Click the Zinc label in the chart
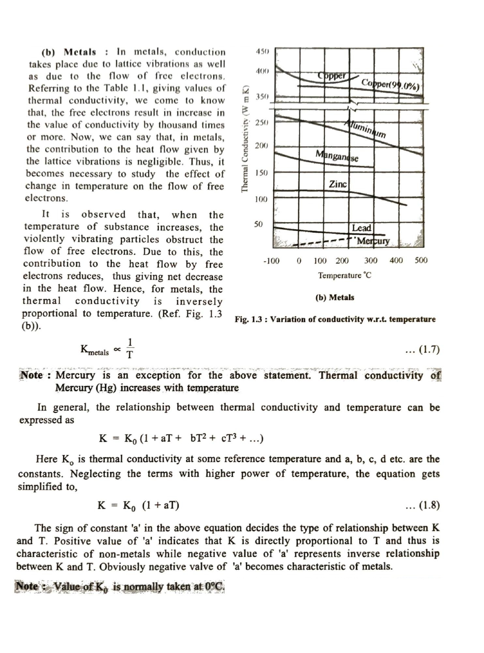338,184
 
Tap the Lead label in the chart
361,228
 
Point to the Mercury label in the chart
373,241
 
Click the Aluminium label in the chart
365,129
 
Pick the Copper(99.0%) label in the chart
390,85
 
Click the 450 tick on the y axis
262,51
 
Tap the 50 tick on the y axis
258,224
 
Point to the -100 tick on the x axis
271,261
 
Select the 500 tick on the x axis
421,260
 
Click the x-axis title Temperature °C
344,275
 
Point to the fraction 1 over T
130,348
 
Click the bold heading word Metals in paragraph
80,52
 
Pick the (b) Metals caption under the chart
335,297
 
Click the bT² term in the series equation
199,438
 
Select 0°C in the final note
214,586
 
